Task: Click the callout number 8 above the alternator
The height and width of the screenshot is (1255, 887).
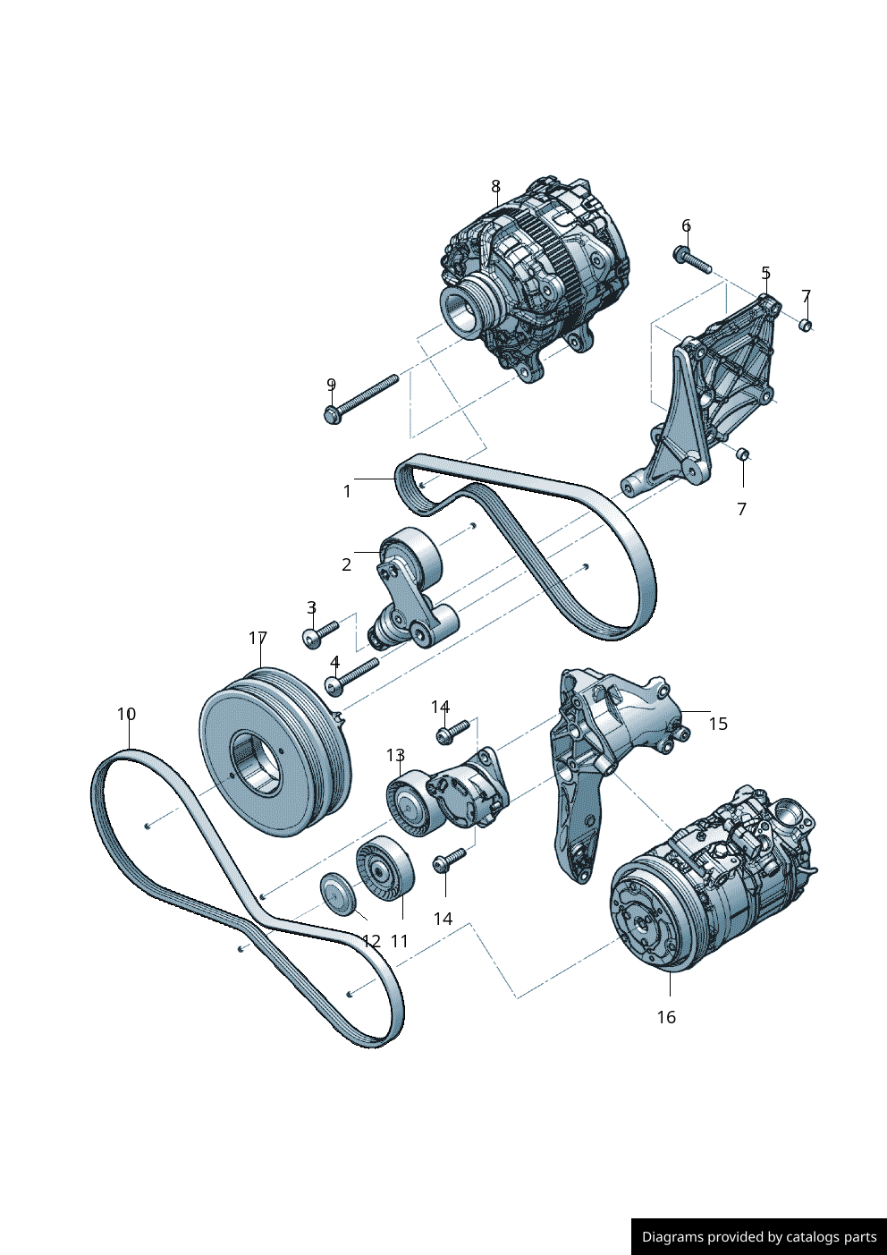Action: coord(495,186)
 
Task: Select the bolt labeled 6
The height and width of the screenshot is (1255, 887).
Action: coord(692,260)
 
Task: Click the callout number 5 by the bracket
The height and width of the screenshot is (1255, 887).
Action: coord(765,274)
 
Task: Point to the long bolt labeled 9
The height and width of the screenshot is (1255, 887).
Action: coord(360,399)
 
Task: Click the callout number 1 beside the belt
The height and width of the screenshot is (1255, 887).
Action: coord(347,491)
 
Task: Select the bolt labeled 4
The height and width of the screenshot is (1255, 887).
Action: coord(351,677)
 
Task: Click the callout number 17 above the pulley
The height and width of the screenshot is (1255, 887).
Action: coord(258,638)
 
